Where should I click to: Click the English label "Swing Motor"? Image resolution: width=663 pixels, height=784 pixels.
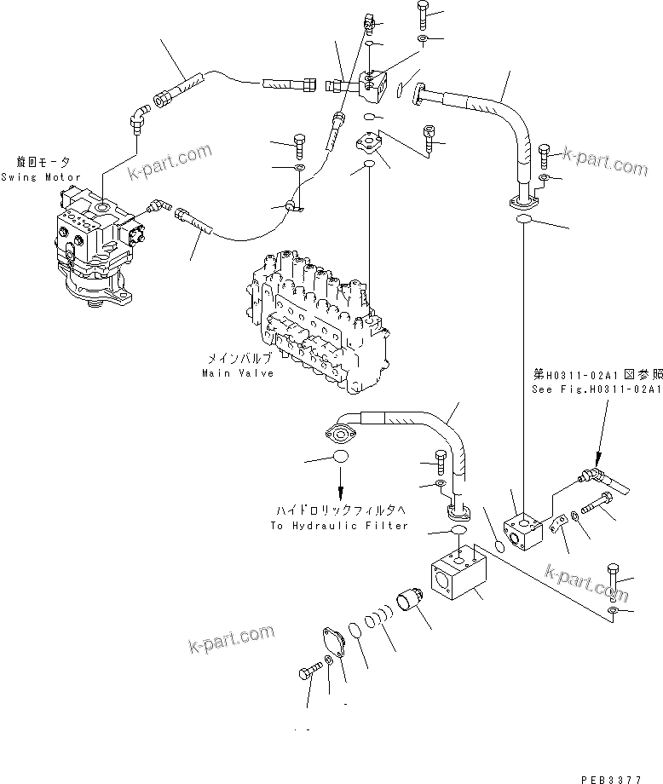[x=40, y=177]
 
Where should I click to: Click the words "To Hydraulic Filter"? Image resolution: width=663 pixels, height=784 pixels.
[x=339, y=526]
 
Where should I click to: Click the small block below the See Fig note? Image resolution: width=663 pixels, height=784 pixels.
[x=522, y=532]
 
